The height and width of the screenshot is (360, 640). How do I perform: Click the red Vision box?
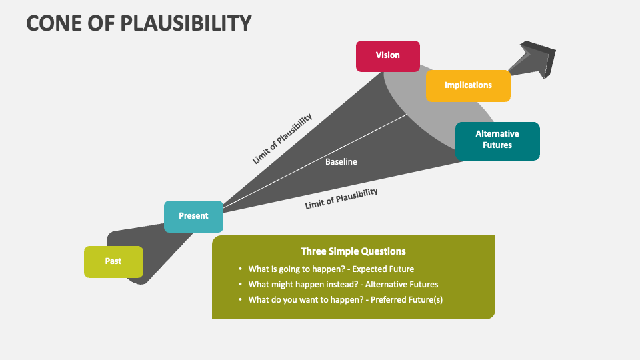pos(388,56)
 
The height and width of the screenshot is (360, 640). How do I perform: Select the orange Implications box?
pos(468,86)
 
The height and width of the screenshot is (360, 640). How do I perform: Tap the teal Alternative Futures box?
pos(497,141)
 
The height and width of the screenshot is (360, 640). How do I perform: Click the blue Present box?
pos(193,216)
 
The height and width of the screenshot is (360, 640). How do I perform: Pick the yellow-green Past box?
pos(113,262)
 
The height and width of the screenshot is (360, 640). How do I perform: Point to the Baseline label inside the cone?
pos(341,161)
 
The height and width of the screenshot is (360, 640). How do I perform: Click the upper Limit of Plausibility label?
pos(283,139)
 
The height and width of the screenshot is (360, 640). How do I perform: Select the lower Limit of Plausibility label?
pos(341,199)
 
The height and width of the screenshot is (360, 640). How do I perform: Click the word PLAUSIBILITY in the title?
pos(186,23)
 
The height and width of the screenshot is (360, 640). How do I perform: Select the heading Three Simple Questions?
pos(353,251)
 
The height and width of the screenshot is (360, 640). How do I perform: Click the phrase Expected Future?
pos(383,269)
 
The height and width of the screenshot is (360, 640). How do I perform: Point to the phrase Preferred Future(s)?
pos(407,299)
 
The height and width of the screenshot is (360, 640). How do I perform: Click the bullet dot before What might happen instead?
pos(240,284)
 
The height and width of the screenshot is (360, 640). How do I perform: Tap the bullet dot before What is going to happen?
pos(240,269)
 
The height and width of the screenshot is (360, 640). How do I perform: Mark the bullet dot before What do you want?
pos(240,299)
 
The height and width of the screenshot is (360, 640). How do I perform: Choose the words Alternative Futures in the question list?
pos(401,285)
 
